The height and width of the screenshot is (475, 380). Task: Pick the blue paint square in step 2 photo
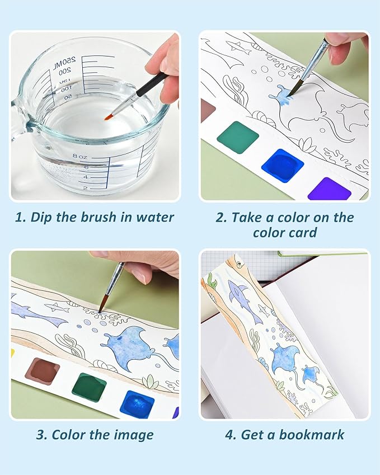(282, 165)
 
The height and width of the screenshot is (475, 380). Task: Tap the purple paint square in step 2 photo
(329, 188)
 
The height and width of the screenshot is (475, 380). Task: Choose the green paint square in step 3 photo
(88, 387)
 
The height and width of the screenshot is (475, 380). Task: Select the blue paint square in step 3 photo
(137, 403)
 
